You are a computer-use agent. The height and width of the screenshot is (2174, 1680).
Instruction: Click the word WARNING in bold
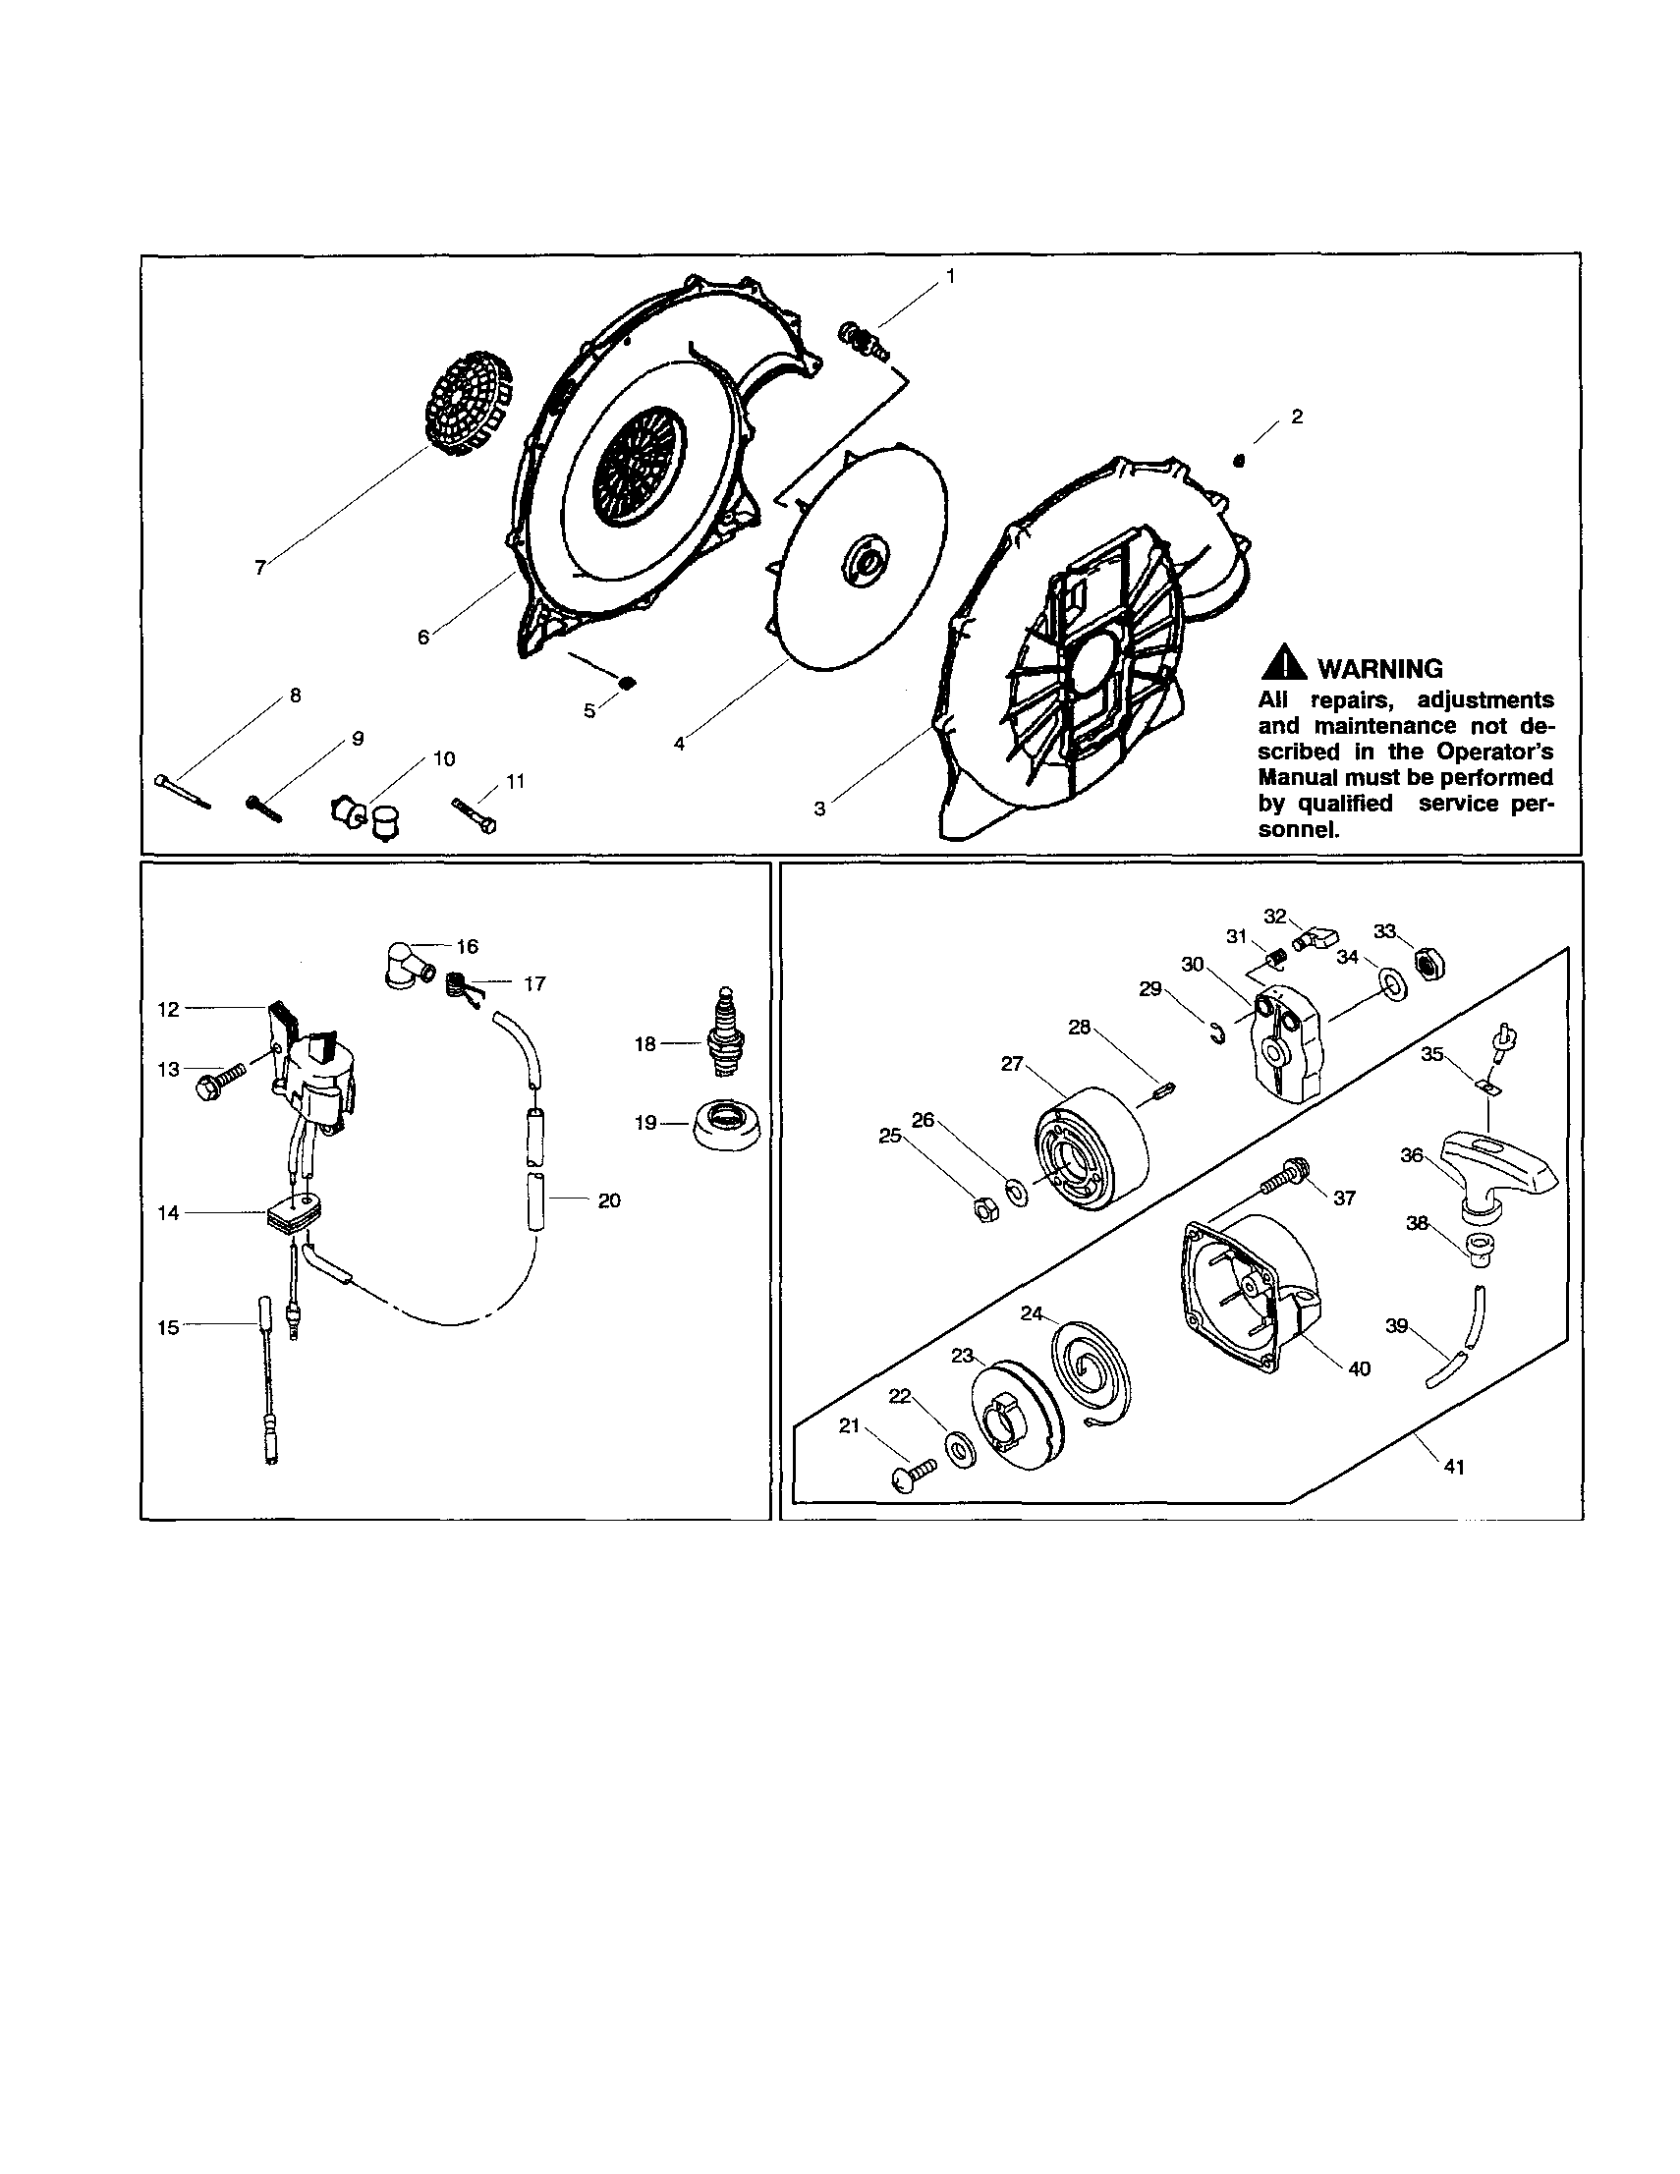(1379, 669)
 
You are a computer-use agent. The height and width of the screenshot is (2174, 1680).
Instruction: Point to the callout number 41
(1454, 1467)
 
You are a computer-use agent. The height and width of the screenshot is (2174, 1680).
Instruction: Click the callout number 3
(819, 809)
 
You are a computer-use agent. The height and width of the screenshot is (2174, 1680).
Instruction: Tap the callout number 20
(609, 1200)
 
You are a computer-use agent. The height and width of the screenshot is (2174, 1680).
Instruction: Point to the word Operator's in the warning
(1496, 752)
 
